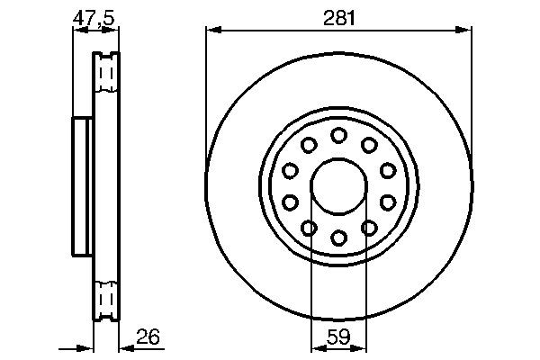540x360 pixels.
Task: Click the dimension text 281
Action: coord(338,15)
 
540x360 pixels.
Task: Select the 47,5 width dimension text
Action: coord(94,15)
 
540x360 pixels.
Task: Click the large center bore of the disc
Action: coord(338,186)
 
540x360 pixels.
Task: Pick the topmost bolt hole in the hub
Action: coord(338,135)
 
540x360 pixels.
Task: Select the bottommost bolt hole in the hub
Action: coord(338,238)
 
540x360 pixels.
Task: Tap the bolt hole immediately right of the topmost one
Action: coord(369,145)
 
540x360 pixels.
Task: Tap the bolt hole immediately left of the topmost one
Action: coord(309,145)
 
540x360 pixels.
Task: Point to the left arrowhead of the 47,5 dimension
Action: coord(76,30)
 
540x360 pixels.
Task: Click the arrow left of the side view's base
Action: coord(87,346)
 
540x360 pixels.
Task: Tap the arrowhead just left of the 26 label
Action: coord(124,346)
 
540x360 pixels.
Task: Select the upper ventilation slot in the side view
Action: coord(106,72)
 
